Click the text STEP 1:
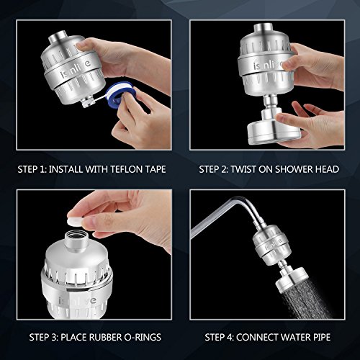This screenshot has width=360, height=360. click(32, 171)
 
